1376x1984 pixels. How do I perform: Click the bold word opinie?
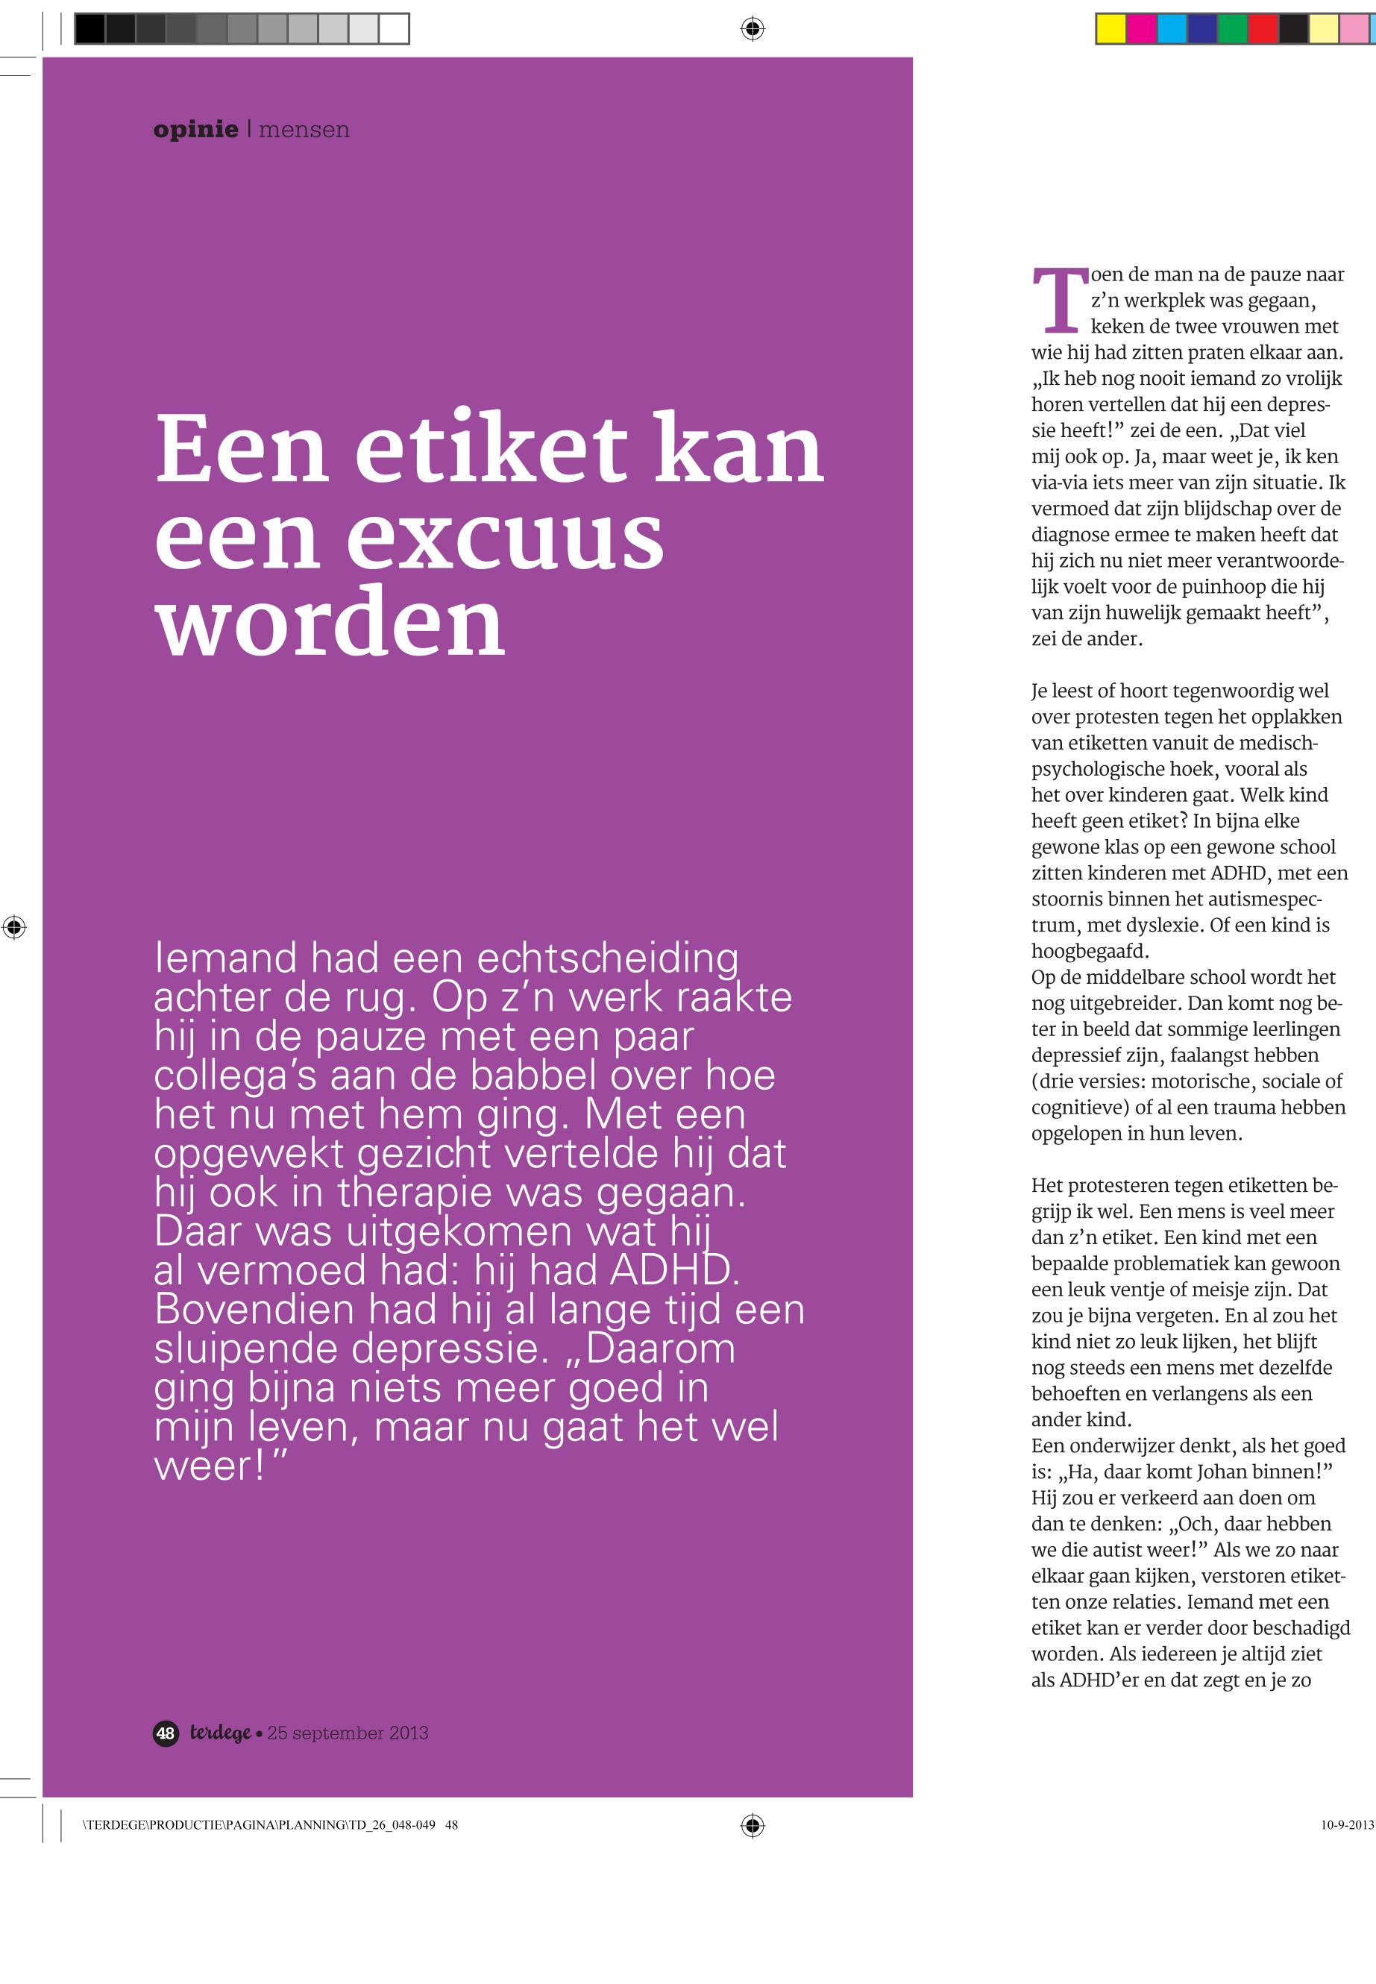pos(195,131)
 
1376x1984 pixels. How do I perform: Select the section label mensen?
pos(304,131)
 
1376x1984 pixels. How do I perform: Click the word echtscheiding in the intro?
pos(608,958)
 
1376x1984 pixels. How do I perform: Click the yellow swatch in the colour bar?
pos(1110,29)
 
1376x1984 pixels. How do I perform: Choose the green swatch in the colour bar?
pos(1232,29)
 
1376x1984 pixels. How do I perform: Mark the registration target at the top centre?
pos(752,29)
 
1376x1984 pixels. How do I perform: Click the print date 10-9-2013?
pos(1347,1824)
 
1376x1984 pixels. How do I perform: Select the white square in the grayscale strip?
pos(394,29)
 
